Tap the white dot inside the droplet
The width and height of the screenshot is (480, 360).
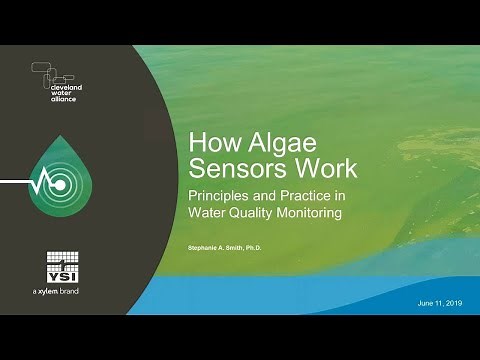point(59,185)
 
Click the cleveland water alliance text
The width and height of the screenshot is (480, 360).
point(70,94)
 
